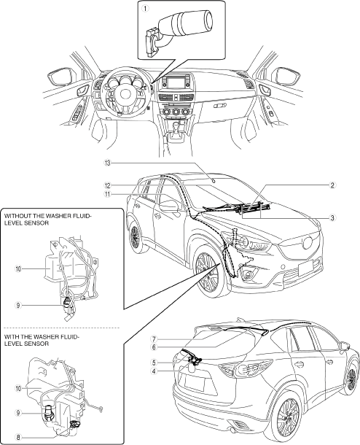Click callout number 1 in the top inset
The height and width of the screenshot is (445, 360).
(x=145, y=9)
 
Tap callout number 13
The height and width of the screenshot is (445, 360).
(x=107, y=163)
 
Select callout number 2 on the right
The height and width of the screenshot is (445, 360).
(x=332, y=185)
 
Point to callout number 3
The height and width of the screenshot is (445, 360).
(x=332, y=218)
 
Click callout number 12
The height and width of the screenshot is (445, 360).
(x=107, y=185)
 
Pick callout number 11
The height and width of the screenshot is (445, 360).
(x=107, y=194)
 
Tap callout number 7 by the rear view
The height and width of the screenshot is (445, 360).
(x=154, y=339)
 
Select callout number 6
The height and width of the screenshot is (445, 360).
(x=154, y=347)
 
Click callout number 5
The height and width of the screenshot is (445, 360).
(x=154, y=363)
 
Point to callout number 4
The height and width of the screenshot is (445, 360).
(x=154, y=371)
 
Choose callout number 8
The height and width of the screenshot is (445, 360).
(x=18, y=437)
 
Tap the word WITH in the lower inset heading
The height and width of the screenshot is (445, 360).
(x=10, y=337)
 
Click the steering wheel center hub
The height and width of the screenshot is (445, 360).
(x=124, y=93)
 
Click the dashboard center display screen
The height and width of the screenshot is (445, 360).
(x=174, y=82)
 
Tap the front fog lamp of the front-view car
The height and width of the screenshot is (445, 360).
(x=249, y=274)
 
